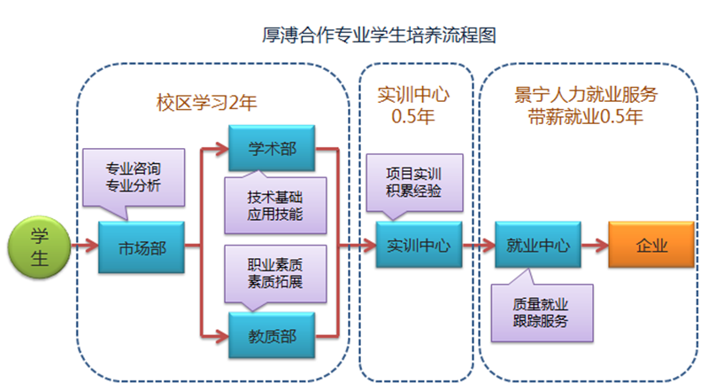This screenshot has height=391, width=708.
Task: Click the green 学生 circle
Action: point(39,246)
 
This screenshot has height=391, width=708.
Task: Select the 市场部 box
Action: point(142,247)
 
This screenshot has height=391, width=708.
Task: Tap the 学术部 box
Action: point(272,148)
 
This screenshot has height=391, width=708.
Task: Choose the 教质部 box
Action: point(272,334)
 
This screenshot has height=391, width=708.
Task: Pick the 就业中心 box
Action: point(538,246)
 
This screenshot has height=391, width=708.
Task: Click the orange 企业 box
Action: point(651,246)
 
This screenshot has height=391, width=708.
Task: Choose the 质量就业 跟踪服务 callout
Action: point(540,310)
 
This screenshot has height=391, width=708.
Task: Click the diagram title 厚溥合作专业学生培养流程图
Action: point(378,36)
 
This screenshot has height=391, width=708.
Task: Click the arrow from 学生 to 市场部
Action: point(85,246)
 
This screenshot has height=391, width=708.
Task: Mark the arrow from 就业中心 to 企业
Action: point(595,246)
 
